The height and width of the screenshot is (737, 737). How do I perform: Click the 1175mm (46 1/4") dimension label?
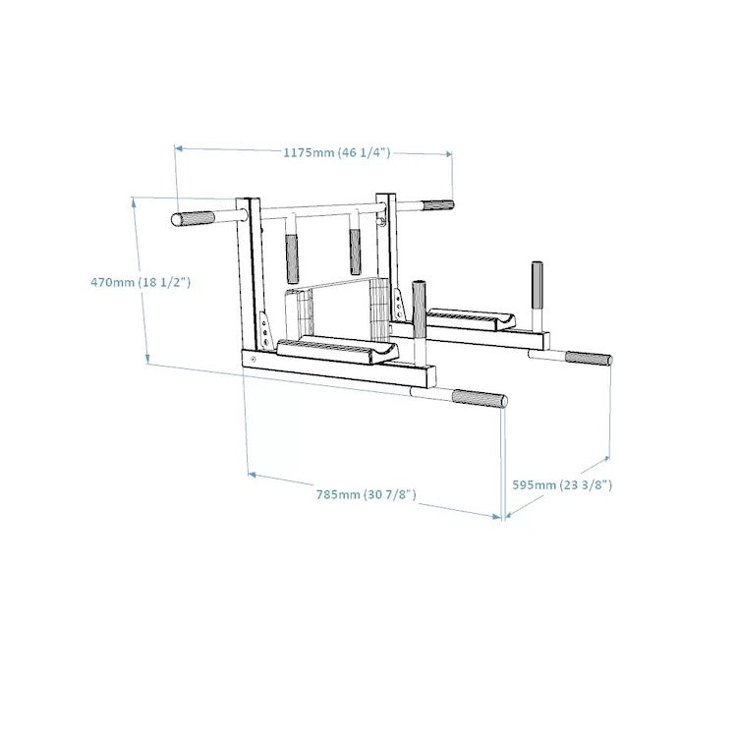[336, 152]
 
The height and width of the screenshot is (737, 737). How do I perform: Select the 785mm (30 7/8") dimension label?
[367, 493]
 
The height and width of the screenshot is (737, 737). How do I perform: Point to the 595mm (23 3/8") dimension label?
[563, 484]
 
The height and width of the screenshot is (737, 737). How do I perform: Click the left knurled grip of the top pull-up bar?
[194, 218]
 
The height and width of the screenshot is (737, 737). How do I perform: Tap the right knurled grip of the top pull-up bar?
[437, 206]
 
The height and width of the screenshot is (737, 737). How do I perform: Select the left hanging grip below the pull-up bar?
[292, 258]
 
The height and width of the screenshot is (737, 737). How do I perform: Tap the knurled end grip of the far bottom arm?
[587, 359]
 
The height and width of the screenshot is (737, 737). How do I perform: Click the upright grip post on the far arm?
[538, 284]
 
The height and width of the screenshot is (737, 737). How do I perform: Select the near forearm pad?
[336, 349]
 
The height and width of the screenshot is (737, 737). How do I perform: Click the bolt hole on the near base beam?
[254, 361]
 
